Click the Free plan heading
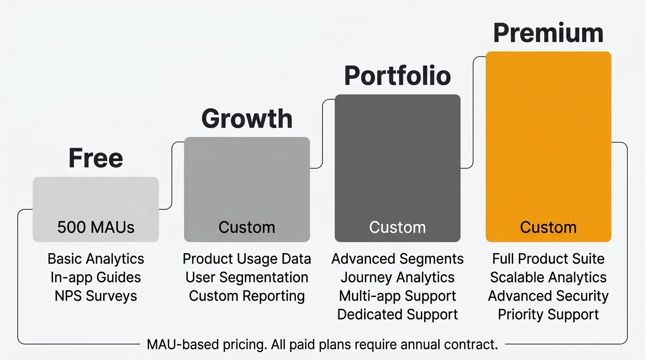(x=96, y=158)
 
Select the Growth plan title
(x=247, y=119)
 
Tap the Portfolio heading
(x=397, y=76)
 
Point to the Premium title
(x=548, y=33)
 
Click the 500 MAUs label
(x=96, y=227)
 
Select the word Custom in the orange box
(x=548, y=227)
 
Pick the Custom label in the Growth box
(x=247, y=227)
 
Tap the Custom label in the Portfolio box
(x=397, y=227)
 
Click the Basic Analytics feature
(x=96, y=259)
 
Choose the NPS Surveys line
(x=96, y=296)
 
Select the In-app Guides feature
(x=96, y=277)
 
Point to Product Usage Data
(x=247, y=259)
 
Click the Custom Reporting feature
(x=247, y=296)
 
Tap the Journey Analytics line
(x=397, y=277)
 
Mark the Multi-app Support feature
(x=397, y=296)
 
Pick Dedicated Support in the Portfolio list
(x=397, y=315)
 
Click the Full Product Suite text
(x=548, y=259)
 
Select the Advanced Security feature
(x=548, y=296)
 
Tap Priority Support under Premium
(x=548, y=315)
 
